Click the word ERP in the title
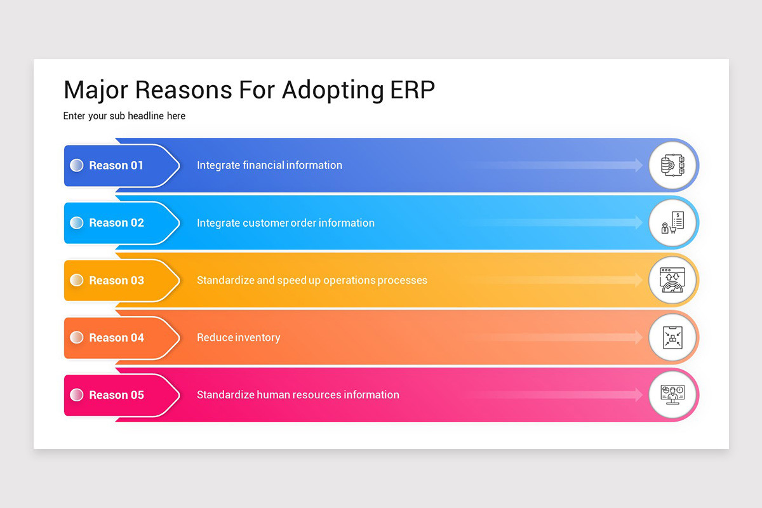[x=410, y=90]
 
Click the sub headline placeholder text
[x=124, y=116]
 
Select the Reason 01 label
[x=116, y=165]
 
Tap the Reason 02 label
[x=116, y=223]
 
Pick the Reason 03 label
[x=116, y=280]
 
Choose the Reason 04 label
[x=116, y=338]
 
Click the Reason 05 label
[x=116, y=395]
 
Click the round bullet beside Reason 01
[x=76, y=165]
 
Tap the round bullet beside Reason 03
[x=76, y=280]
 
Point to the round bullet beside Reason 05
[x=76, y=395]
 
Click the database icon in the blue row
[x=672, y=165]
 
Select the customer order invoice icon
[x=672, y=223]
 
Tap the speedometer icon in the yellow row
[x=672, y=280]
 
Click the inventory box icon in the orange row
[x=672, y=338]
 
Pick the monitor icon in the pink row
[x=672, y=395]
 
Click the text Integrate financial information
[x=269, y=165]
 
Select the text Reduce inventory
[x=238, y=338]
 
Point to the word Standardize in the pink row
[x=225, y=395]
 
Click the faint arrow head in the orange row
[x=638, y=338]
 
